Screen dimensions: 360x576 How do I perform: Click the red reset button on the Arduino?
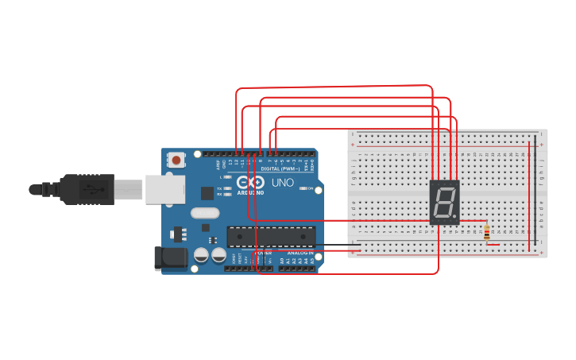(176, 160)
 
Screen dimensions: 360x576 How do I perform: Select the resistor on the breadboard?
(486, 232)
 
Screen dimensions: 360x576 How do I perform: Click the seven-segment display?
(444, 202)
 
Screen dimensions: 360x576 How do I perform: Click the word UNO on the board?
(283, 183)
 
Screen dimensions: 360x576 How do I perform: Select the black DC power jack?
(169, 257)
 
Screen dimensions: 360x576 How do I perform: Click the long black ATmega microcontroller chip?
(270, 236)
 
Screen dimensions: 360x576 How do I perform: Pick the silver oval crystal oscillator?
(204, 212)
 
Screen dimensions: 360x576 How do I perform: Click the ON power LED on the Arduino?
(304, 188)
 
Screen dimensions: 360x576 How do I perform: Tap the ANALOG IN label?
(300, 253)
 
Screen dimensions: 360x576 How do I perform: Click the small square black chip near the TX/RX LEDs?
(207, 192)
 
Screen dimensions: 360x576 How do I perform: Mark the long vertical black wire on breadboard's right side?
(535, 191)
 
